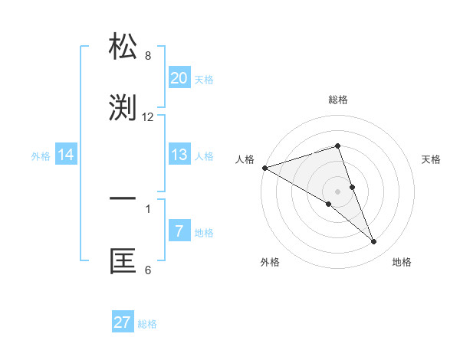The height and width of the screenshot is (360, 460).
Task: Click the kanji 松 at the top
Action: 123,47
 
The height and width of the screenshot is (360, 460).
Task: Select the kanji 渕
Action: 123,108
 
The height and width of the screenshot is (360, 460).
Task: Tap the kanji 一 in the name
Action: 123,198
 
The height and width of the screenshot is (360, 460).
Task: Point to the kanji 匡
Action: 123,261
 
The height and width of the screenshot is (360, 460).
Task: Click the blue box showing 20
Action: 179,78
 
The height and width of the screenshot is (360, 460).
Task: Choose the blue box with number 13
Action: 179,155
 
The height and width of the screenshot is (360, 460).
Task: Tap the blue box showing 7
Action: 179,231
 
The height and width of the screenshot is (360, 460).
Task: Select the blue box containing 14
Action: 65,155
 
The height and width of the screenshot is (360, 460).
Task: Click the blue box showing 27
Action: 123,322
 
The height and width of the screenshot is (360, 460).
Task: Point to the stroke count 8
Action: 148,56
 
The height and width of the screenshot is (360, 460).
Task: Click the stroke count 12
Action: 148,117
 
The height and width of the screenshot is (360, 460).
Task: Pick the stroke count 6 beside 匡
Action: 148,270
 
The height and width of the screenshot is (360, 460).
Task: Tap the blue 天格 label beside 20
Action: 204,80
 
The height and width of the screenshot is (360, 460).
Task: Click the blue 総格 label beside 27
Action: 147,324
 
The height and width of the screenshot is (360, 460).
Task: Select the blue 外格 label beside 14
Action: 41,156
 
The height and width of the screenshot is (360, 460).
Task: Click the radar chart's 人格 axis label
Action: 245,159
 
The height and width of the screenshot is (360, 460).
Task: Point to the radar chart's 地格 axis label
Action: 402,262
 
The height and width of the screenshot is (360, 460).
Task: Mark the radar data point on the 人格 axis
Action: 264,168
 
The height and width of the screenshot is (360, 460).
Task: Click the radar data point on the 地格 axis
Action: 374,242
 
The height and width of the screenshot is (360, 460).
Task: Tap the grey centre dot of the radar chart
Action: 337,191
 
